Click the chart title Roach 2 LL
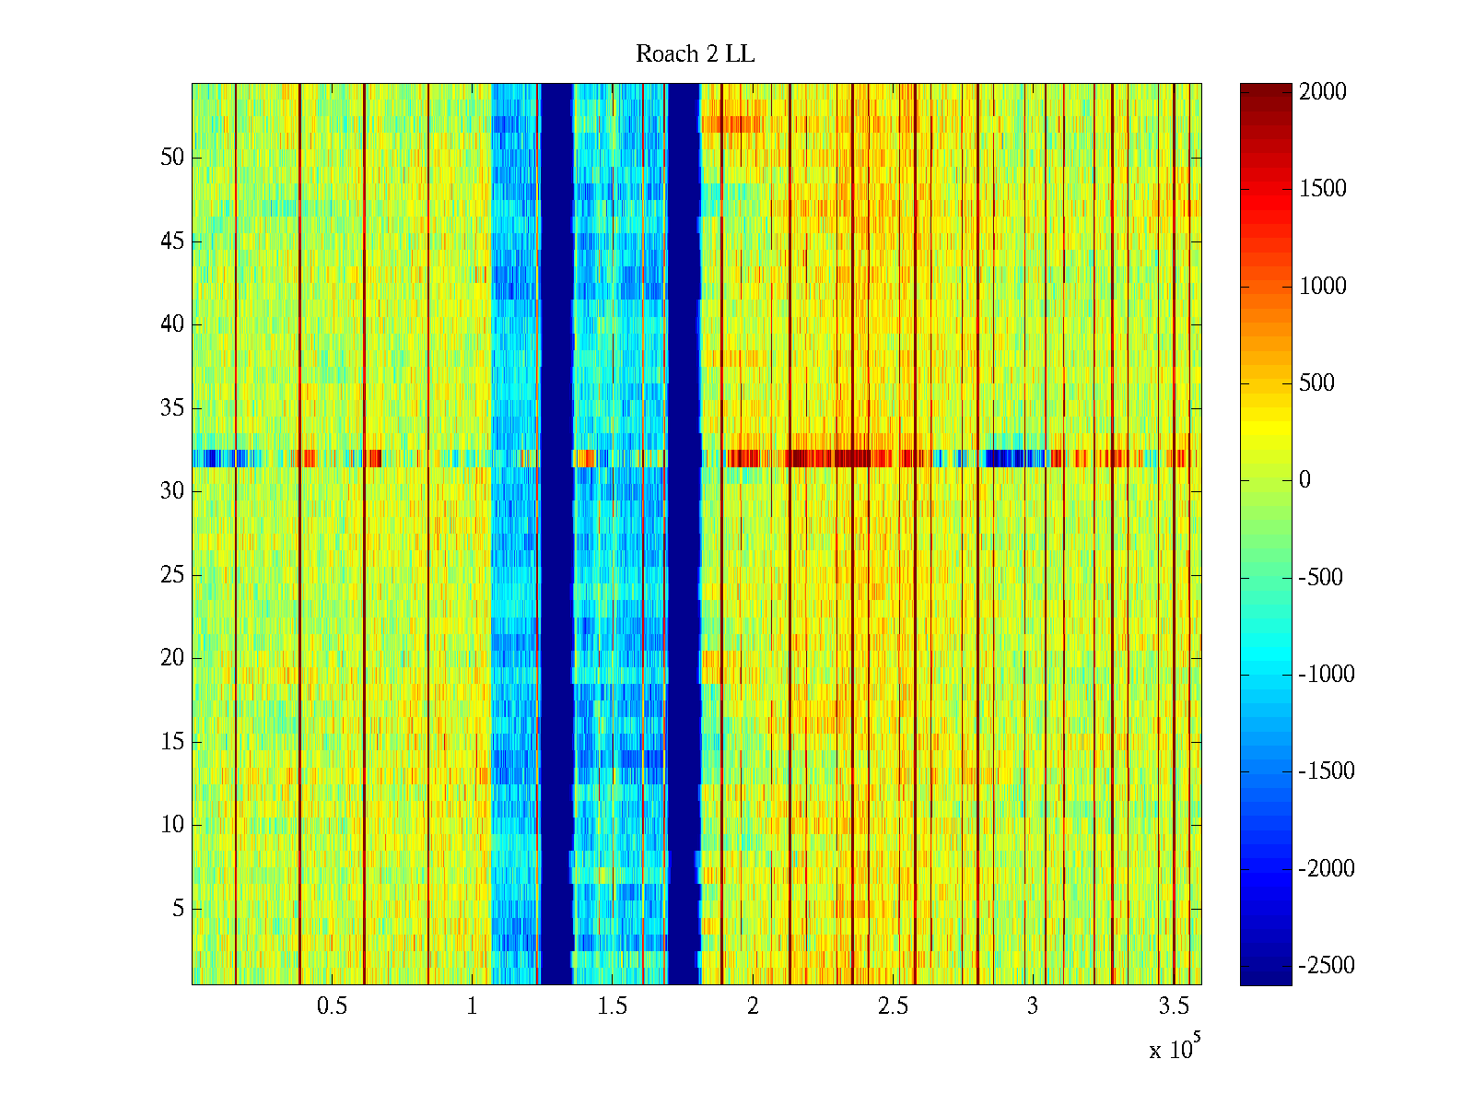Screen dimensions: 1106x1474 695,54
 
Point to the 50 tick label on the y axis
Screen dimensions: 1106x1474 172,158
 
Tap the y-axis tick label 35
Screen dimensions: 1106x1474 172,408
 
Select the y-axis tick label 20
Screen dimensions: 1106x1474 172,658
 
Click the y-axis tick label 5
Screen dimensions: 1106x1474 178,909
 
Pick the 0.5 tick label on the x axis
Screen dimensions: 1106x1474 332,1006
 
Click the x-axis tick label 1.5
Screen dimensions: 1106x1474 613,1006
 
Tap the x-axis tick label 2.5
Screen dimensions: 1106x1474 893,1006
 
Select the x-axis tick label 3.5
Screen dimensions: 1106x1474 1174,1006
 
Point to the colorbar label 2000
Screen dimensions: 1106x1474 1322,92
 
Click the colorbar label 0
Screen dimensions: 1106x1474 1304,480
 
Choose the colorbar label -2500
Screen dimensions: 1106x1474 1326,966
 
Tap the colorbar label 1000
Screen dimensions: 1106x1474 1322,287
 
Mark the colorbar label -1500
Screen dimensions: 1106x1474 1326,771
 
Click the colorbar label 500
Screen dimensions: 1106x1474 1316,383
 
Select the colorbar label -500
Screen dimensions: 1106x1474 1320,578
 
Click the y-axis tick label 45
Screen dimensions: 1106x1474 172,241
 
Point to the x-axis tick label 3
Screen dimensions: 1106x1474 1033,1006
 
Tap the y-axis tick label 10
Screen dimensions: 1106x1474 172,825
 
